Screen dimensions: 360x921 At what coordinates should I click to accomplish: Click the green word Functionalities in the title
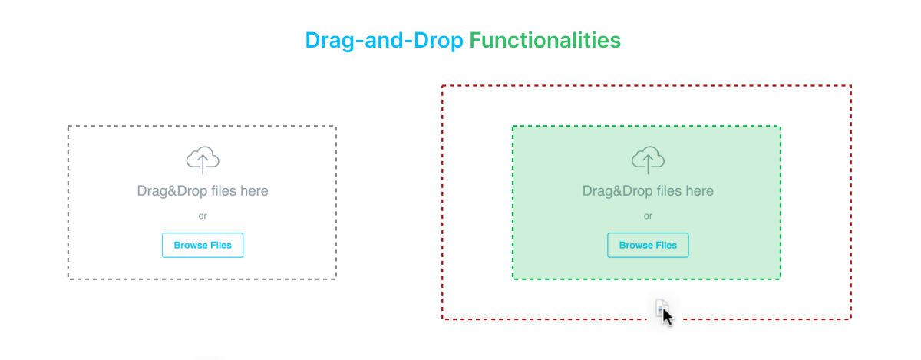[545, 40]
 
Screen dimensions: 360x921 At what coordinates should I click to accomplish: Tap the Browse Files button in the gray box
[203, 245]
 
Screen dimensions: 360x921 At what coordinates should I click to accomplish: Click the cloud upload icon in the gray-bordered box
[203, 159]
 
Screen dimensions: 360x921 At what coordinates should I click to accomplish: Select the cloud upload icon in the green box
[648, 159]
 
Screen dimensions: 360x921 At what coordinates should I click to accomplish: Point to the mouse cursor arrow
[667, 316]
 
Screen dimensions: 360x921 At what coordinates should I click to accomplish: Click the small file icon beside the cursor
[661, 307]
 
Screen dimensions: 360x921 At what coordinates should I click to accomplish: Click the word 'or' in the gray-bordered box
[203, 216]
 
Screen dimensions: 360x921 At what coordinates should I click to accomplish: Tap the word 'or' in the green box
[648, 216]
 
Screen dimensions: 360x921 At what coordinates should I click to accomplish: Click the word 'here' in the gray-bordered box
[254, 191]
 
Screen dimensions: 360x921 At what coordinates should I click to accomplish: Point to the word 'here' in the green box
[699, 191]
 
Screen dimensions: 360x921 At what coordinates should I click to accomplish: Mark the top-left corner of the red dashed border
[443, 86]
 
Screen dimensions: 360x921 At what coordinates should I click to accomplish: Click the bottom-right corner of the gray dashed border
[335, 278]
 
